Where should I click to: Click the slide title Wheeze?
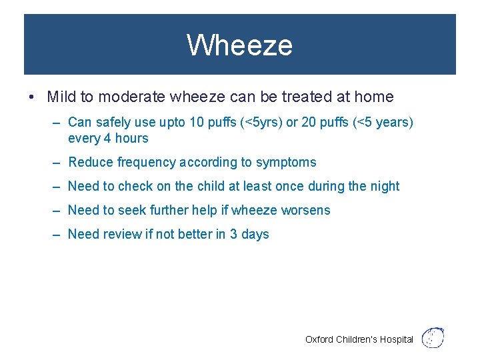point(239,45)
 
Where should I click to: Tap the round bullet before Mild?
point(32,97)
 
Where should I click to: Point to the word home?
point(374,97)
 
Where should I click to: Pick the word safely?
point(113,122)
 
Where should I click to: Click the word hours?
point(131,139)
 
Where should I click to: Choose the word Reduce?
point(91,162)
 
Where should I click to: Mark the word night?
point(383,186)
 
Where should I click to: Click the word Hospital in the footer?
point(397,339)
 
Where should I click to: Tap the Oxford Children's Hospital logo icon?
point(433,337)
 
